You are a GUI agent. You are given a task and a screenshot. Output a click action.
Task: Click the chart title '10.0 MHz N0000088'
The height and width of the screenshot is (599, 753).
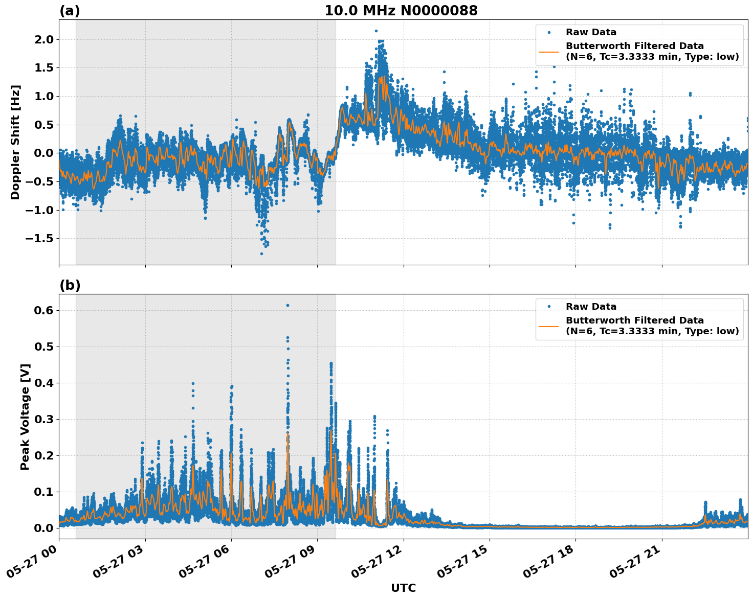(x=401, y=11)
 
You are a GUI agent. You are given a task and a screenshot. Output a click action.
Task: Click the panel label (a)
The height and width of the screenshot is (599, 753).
(x=70, y=11)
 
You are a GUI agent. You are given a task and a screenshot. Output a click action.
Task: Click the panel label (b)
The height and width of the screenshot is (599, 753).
(x=70, y=285)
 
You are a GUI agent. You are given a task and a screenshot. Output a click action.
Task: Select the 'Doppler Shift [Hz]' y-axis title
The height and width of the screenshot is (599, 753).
(x=15, y=142)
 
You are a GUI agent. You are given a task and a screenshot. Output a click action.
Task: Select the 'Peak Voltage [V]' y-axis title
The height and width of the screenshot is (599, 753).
(x=25, y=417)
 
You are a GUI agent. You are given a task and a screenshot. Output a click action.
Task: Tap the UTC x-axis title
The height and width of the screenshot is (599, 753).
(x=403, y=588)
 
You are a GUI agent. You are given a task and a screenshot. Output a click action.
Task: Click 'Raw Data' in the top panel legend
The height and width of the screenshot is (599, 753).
(x=591, y=32)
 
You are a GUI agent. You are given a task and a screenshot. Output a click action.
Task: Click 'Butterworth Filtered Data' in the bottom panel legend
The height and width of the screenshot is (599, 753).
(x=634, y=320)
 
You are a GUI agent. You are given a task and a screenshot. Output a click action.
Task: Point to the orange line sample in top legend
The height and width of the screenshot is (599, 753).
(x=548, y=52)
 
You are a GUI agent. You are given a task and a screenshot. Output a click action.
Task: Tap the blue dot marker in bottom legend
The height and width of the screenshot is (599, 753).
(x=548, y=307)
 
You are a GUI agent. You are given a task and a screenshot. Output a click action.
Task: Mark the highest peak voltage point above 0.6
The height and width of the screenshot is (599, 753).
(x=287, y=305)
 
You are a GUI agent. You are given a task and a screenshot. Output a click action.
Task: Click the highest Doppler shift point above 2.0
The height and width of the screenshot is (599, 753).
(x=376, y=31)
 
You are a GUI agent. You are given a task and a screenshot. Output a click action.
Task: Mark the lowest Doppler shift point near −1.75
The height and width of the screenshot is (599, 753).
(x=261, y=254)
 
